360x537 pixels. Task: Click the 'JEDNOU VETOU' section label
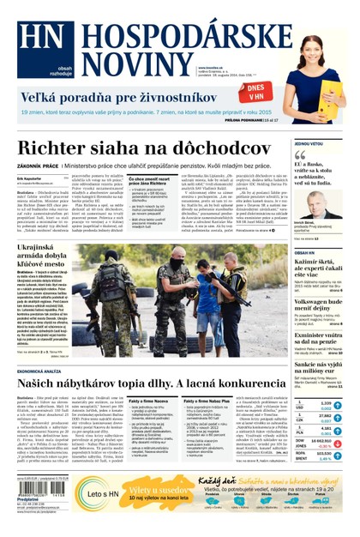click(308, 144)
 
